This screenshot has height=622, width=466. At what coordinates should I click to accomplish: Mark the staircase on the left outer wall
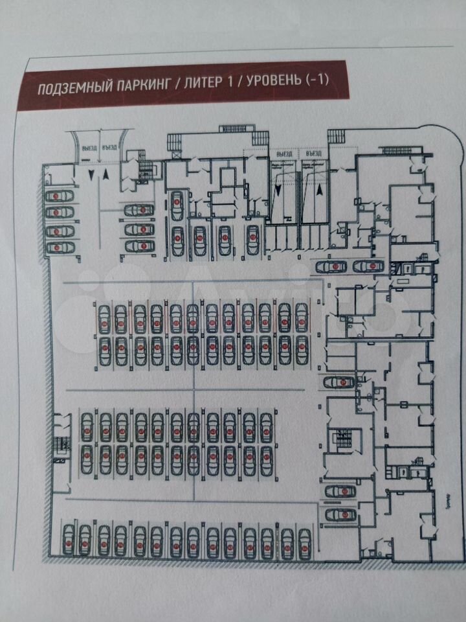pos(63,445)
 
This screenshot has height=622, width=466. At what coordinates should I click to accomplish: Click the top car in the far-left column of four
pos(57,195)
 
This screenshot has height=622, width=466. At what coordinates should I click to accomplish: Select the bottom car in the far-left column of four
pos(57,247)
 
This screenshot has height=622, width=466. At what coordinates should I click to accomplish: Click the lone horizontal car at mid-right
pos(338,382)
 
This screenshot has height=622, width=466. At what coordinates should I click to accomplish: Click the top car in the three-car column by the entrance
pos(139,210)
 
